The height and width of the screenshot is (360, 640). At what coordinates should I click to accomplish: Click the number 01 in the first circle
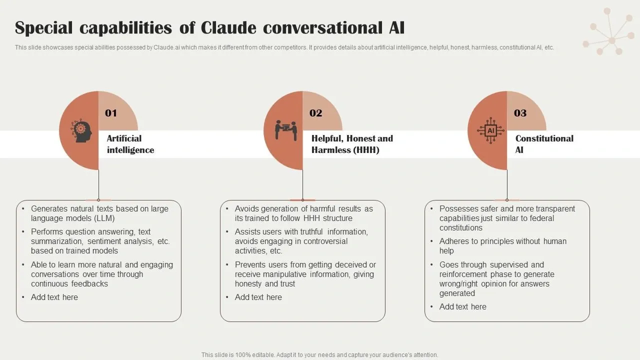click(111, 113)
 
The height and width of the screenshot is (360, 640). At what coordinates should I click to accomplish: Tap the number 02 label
click(315, 113)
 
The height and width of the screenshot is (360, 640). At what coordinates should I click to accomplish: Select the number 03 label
click(520, 113)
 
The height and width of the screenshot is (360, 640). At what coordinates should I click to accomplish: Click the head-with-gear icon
click(81, 130)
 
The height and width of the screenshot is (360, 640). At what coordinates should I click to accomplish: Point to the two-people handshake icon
click(285, 130)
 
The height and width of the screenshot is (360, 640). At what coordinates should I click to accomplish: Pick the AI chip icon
click(490, 130)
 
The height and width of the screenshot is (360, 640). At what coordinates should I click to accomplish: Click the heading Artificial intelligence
click(130, 144)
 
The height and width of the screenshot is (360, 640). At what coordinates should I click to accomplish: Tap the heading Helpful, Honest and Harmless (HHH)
click(352, 144)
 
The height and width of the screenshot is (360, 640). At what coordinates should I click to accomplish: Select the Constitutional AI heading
click(544, 144)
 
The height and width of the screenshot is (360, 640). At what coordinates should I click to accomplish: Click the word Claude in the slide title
click(228, 28)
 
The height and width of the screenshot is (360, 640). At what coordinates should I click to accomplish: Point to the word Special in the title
click(43, 28)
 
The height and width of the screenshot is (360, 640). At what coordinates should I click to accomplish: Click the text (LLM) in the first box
click(104, 218)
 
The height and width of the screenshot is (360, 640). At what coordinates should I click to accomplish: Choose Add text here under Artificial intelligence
click(54, 297)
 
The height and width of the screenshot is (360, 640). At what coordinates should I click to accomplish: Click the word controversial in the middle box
click(325, 241)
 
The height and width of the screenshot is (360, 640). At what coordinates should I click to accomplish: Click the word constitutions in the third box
click(461, 228)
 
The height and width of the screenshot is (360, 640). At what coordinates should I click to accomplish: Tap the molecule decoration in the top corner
click(609, 31)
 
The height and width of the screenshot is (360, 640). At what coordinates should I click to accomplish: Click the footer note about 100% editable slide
click(319, 355)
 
